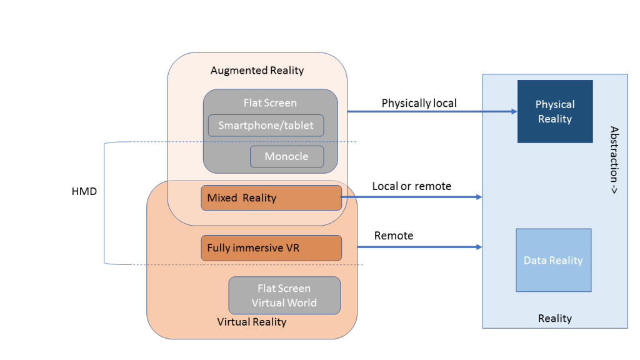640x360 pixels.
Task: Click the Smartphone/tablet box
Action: [266, 126]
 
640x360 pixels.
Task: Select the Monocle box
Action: [287, 156]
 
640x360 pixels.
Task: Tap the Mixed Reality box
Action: [271, 197]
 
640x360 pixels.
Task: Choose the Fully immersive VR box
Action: [271, 248]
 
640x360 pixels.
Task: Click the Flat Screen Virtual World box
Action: [284, 296]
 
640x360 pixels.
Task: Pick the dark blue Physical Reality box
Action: [554, 111]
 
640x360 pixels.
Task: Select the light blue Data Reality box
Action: [553, 260]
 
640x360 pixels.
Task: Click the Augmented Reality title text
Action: [257, 70]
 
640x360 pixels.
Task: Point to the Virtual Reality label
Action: [251, 322]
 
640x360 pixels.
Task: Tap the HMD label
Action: [84, 191]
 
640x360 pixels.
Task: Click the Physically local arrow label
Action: [419, 103]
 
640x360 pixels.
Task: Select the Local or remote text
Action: [411, 186]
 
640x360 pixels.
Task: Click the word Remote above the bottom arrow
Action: [394, 236]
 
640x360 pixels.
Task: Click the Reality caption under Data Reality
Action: [554, 319]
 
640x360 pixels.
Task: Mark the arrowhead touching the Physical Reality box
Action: [513, 112]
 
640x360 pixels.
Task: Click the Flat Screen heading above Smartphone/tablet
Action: [270, 102]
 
